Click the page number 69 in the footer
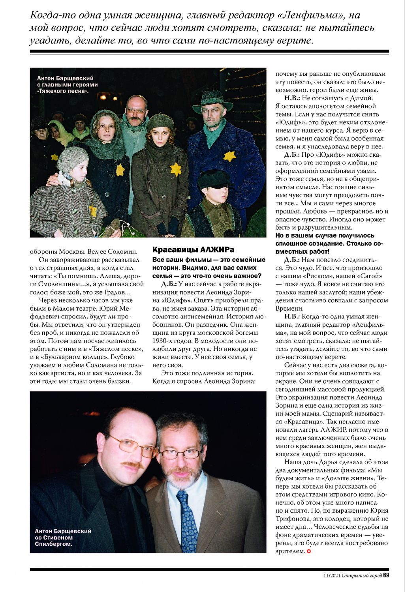(386, 575)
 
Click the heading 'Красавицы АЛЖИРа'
(193, 249)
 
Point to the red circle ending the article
(309, 551)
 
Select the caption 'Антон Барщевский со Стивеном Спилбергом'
(63, 537)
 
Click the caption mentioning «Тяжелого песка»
(67, 84)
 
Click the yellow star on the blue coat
(229, 156)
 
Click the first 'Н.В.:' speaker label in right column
(292, 98)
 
